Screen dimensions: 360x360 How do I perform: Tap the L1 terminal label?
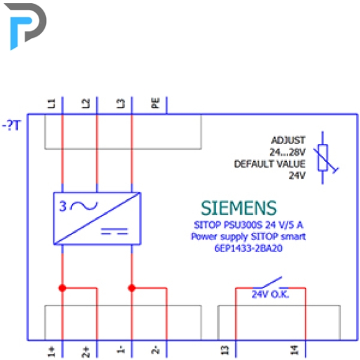click(x=51, y=103)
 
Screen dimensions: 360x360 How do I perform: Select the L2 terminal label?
click(x=86, y=103)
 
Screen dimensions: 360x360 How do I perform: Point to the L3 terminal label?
click(x=120, y=103)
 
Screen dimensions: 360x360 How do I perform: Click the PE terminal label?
click(x=155, y=103)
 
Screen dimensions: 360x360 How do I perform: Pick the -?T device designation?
click(x=11, y=125)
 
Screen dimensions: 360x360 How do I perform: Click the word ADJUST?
click(x=289, y=140)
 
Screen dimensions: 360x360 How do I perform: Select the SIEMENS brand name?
click(x=239, y=208)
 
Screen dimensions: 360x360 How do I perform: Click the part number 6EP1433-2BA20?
click(x=248, y=248)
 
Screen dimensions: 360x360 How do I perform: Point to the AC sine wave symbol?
click(x=84, y=205)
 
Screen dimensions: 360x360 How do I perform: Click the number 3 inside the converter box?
click(x=63, y=206)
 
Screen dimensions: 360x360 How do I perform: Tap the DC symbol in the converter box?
click(x=114, y=232)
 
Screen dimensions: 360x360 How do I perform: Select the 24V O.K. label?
click(x=271, y=294)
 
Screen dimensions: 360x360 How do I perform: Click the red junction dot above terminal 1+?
click(x=62, y=288)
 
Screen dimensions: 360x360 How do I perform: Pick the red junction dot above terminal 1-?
click(x=132, y=288)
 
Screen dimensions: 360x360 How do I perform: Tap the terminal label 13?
click(x=225, y=350)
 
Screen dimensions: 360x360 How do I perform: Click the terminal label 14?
click(x=294, y=350)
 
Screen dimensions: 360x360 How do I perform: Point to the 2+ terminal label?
click(x=86, y=352)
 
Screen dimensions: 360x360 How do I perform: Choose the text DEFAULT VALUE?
click(x=269, y=164)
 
